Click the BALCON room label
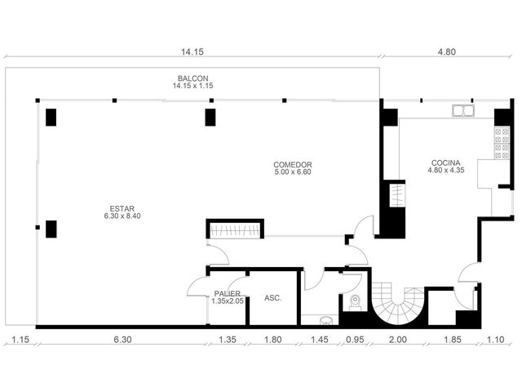[192, 78]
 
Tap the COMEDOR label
[293, 165]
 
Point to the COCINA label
[446, 163]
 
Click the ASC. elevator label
[273, 298]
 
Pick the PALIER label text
[228, 294]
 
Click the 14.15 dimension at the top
[192, 51]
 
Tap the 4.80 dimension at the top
[447, 51]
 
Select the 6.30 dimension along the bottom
[122, 340]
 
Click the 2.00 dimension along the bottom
[398, 340]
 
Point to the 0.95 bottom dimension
[356, 340]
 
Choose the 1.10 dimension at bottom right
[496, 340]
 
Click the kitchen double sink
[463, 111]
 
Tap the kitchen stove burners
[502, 144]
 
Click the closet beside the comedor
[235, 229]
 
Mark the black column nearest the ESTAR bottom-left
[51, 229]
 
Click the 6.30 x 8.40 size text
[122, 216]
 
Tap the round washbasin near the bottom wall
[326, 320]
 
